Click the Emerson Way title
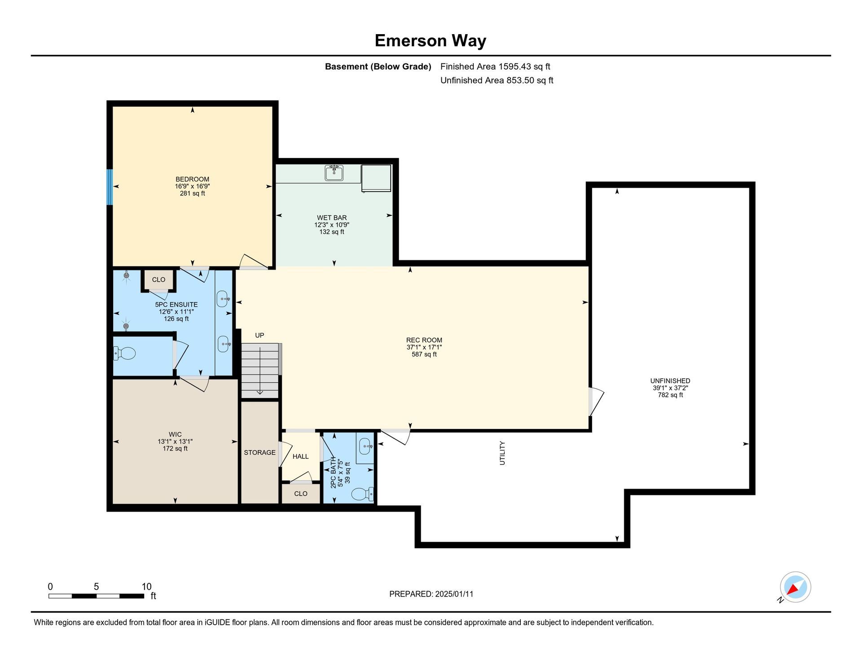point(431,41)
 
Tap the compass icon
point(795,587)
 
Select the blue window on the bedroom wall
point(110,187)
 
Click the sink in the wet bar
point(334,173)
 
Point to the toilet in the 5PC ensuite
point(124,353)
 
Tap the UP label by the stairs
point(259,335)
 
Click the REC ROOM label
point(424,340)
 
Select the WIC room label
point(175,434)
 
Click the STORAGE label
point(259,452)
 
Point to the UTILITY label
point(502,453)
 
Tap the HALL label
point(300,456)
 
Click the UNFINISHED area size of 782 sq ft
point(670,395)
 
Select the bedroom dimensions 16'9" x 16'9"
point(193,186)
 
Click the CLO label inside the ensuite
point(158,280)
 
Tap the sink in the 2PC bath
point(365,446)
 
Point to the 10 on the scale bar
point(146,587)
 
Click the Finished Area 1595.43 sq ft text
point(495,66)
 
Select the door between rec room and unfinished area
point(595,402)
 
